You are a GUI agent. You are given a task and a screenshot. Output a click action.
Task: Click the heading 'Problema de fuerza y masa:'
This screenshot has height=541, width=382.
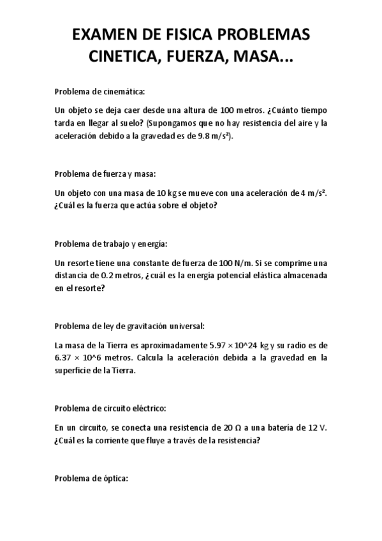click(x=105, y=173)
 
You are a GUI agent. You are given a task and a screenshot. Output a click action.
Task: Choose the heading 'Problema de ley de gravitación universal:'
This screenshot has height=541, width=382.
click(x=130, y=326)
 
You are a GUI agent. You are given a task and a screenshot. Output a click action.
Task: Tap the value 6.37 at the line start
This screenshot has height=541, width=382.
click(x=64, y=358)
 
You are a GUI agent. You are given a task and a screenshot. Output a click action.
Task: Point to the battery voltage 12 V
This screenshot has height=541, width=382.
click(x=316, y=427)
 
